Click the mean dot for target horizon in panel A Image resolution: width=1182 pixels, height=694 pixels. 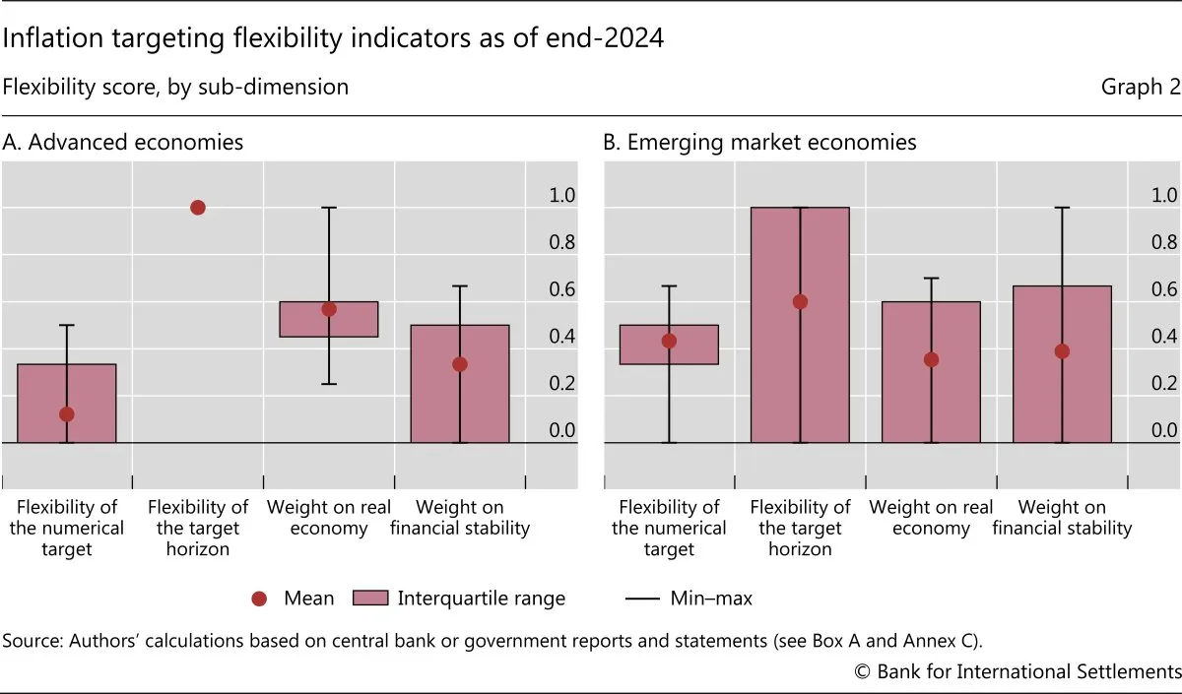[197, 208]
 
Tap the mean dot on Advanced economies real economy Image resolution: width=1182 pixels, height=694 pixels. [329, 309]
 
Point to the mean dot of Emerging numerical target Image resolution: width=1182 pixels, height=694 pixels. [669, 341]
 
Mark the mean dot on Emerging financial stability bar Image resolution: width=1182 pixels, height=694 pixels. [1062, 350]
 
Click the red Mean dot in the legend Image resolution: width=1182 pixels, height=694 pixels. [260, 598]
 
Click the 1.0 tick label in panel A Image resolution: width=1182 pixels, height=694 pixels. [561, 195]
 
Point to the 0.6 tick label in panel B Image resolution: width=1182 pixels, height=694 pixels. [1165, 289]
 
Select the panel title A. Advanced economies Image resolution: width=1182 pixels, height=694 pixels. [123, 142]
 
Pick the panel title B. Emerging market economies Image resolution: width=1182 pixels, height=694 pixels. [759, 142]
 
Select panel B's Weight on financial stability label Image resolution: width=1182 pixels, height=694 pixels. [1062, 518]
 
